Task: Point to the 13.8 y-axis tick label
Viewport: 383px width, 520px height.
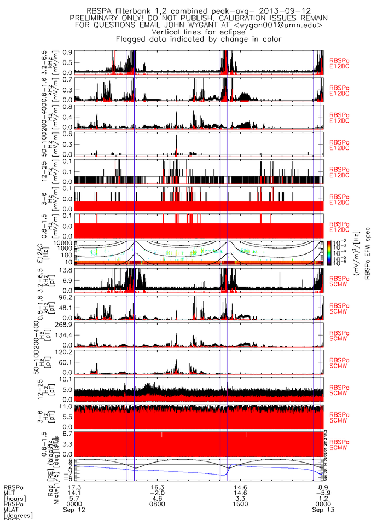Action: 66,270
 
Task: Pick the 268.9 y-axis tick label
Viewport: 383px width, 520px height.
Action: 64,324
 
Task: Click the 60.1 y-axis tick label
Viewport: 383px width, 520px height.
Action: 66,362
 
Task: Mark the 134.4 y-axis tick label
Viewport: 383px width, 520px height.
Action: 64,335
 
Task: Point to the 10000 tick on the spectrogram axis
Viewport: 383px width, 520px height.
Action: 63,242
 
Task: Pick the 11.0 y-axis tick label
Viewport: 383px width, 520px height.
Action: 66,407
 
